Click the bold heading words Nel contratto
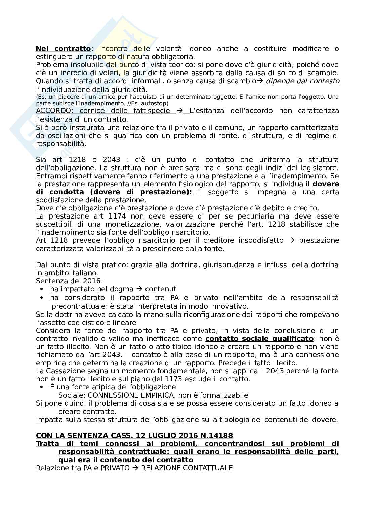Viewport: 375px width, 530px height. tap(63, 49)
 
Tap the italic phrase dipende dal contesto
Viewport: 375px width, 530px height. tap(302, 81)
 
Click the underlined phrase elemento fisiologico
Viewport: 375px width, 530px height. tap(178, 184)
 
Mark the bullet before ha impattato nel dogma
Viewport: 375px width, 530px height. tap(42, 289)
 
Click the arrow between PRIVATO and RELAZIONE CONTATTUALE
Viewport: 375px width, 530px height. tap(135, 468)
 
